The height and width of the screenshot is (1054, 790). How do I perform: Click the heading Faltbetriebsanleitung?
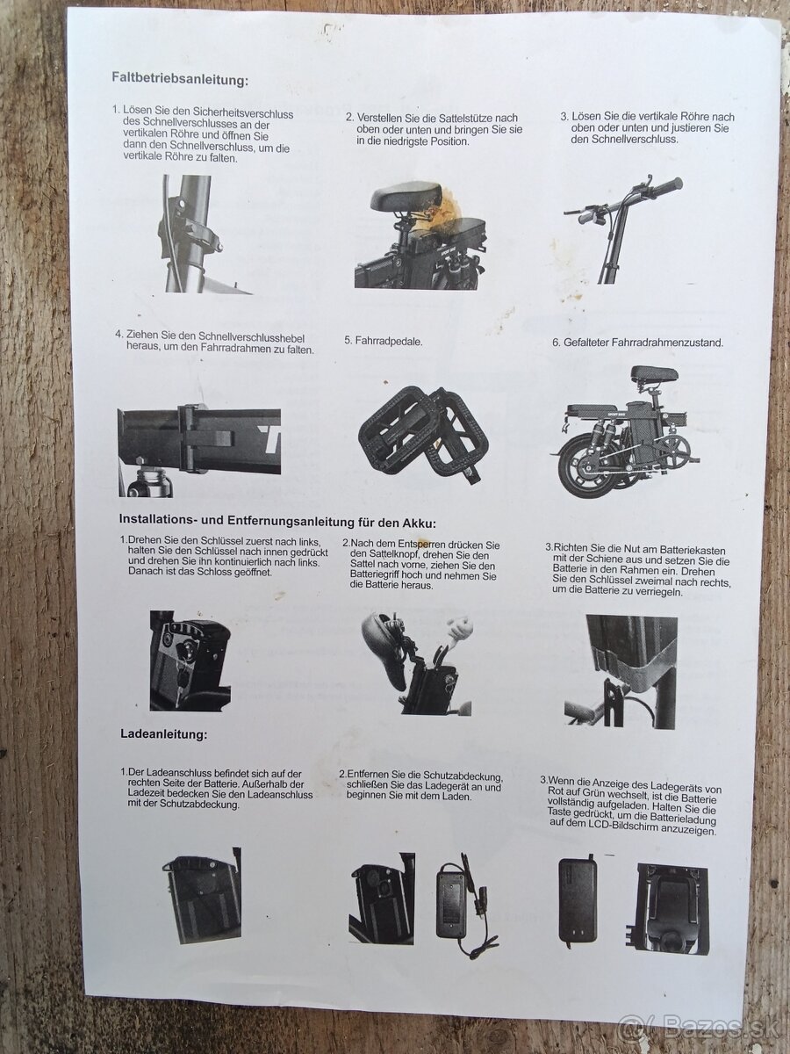pyautogui.click(x=180, y=78)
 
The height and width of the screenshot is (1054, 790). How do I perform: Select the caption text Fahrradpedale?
pyautogui.click(x=389, y=342)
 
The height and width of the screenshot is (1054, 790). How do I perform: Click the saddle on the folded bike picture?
pyautogui.click(x=654, y=374)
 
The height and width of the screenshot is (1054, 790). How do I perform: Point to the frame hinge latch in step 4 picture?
pyautogui.click(x=207, y=438)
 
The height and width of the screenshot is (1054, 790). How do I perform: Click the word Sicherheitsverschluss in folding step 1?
pyautogui.click(x=241, y=113)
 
